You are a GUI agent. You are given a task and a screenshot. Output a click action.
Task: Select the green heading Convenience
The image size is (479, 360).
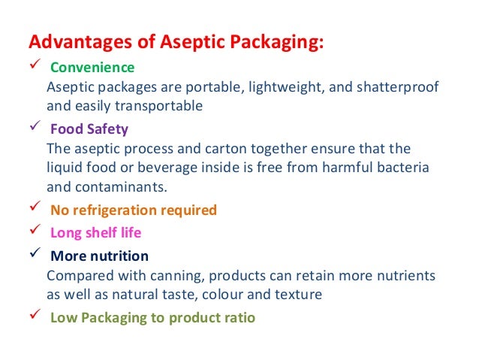coord(92,68)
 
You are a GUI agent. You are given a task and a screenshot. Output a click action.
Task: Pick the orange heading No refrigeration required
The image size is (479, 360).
coord(133,210)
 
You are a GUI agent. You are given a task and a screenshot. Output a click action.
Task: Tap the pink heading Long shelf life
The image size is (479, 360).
coord(95,232)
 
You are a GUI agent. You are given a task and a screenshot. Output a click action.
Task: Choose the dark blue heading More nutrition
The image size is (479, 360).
coord(99,256)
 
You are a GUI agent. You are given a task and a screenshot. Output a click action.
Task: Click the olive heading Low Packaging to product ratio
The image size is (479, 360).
coord(152,317)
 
